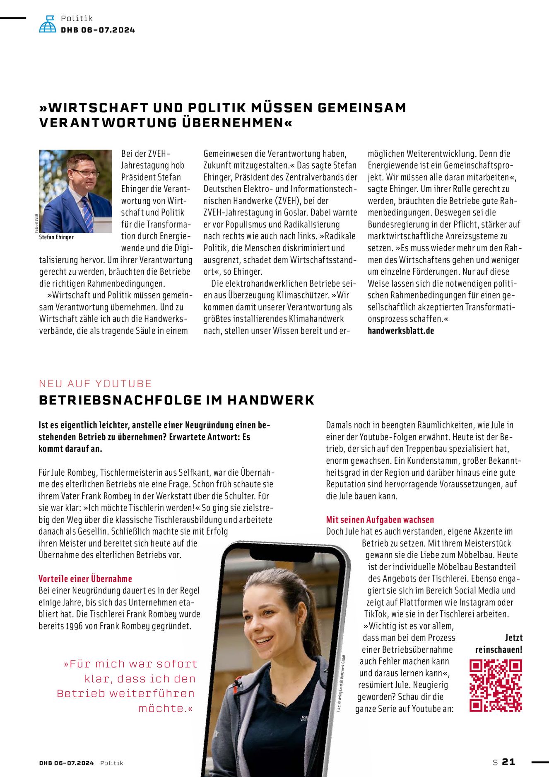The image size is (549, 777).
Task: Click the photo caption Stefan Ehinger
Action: (56, 237)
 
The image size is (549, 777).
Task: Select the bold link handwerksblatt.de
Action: (400, 331)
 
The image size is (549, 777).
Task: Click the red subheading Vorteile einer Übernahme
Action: (85, 579)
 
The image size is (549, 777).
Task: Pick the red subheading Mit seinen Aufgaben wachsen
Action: (380, 519)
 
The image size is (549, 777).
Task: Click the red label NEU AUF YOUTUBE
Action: (95, 383)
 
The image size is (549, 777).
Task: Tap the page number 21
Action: (508, 762)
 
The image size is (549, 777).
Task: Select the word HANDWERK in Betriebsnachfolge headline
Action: (271, 400)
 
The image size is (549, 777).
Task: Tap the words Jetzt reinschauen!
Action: (499, 644)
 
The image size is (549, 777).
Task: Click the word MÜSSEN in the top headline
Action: (282, 108)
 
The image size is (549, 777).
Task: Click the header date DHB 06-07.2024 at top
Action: (98, 30)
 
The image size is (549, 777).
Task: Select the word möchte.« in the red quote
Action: (165, 708)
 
